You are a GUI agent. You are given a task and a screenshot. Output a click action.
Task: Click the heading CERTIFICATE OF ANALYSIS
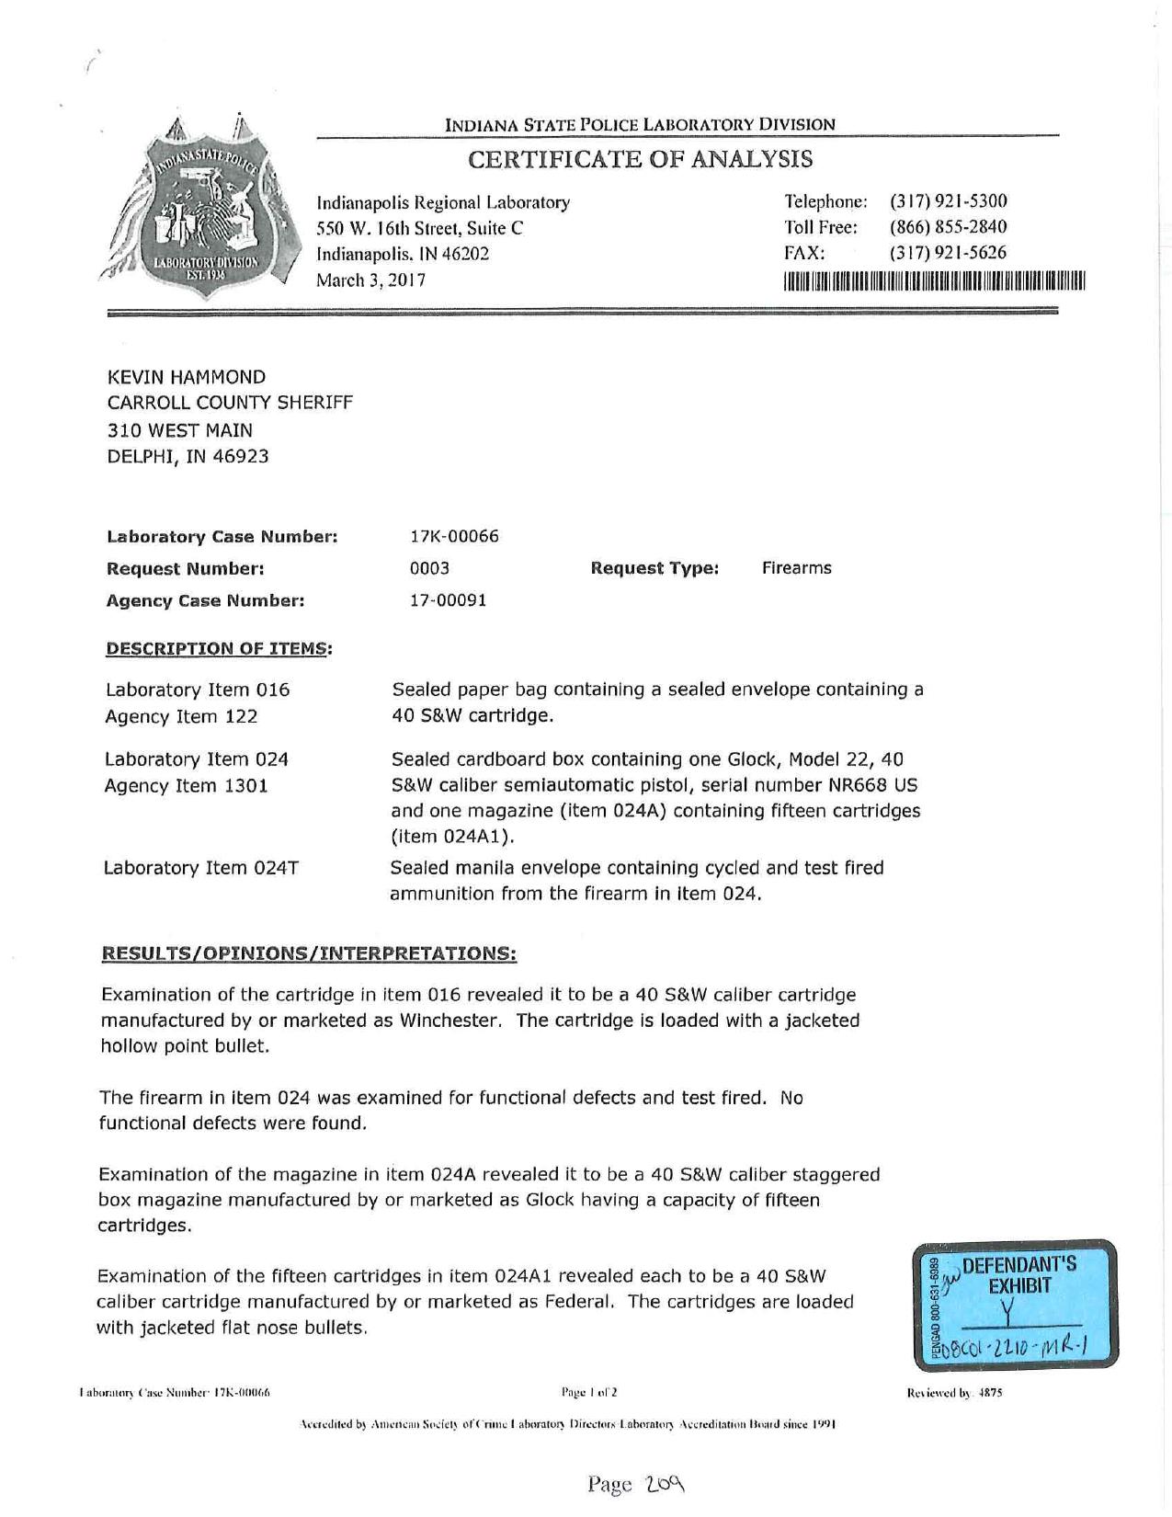pyautogui.click(x=641, y=159)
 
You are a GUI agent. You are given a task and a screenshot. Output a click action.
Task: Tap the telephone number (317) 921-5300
pyautogui.click(x=948, y=201)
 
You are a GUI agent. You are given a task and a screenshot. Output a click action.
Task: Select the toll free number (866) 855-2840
pyautogui.click(x=948, y=227)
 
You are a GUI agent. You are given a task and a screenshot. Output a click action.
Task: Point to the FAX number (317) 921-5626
pyautogui.click(x=948, y=253)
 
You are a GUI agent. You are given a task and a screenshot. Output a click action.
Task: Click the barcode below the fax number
pyautogui.click(x=934, y=280)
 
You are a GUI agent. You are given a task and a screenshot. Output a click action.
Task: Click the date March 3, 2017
pyautogui.click(x=370, y=280)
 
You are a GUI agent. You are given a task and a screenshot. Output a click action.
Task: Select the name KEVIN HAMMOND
pyautogui.click(x=187, y=377)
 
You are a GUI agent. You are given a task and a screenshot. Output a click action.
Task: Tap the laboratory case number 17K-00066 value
pyautogui.click(x=454, y=536)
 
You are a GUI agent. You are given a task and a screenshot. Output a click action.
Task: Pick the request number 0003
pyautogui.click(x=429, y=568)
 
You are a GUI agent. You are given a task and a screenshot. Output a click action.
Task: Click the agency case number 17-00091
pyautogui.click(x=448, y=600)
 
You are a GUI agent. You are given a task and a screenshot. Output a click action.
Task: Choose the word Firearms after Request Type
pyautogui.click(x=796, y=568)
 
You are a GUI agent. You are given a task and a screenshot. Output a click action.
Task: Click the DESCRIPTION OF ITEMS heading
pyautogui.click(x=219, y=649)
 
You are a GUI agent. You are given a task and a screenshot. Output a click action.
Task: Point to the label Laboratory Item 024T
pyautogui.click(x=201, y=868)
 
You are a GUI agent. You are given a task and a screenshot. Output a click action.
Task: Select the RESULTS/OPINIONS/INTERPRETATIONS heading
pyautogui.click(x=309, y=953)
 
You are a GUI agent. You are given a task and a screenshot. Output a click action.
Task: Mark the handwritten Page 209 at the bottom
pyautogui.click(x=637, y=1483)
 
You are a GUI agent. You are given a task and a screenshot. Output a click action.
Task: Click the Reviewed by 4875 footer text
pyautogui.click(x=954, y=1393)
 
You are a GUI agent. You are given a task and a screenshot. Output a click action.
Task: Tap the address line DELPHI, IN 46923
pyautogui.click(x=188, y=456)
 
